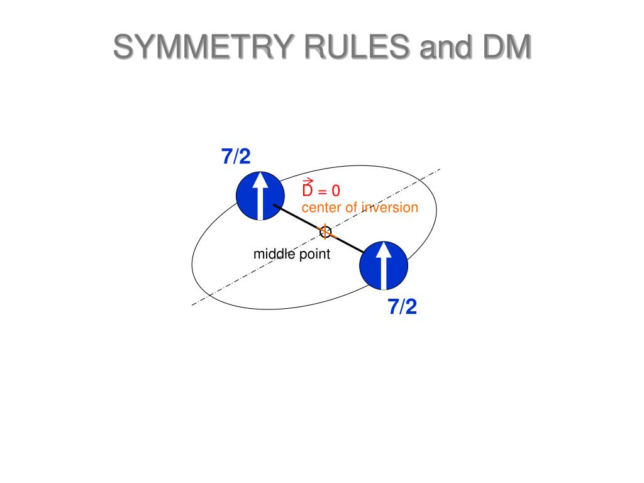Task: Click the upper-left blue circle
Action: pos(260,196)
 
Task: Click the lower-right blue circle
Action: pos(384,265)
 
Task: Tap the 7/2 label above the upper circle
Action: pos(236,157)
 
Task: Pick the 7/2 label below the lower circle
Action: pos(402,307)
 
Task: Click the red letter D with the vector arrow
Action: pos(308,191)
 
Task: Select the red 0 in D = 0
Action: pos(336,191)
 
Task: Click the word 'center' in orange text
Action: pos(321,208)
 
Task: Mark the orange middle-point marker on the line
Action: pos(325,232)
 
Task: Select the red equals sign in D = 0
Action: pos(322,191)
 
